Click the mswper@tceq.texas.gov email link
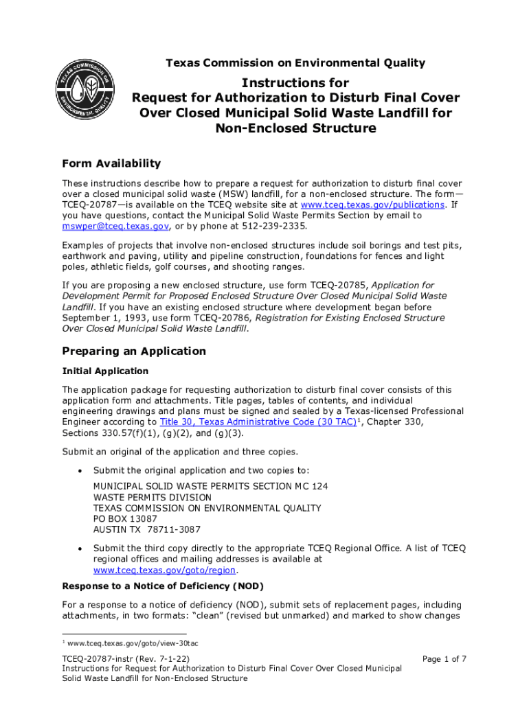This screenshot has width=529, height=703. (x=115, y=226)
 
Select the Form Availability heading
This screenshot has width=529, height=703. (x=111, y=163)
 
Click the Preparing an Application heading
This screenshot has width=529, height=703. (x=134, y=351)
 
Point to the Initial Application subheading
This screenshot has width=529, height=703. (x=105, y=371)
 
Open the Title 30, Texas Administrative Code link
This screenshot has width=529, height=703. (x=258, y=422)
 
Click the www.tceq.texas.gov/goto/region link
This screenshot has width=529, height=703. (x=165, y=570)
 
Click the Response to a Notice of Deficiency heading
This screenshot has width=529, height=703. (x=163, y=586)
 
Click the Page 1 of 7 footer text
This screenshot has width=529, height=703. (x=444, y=659)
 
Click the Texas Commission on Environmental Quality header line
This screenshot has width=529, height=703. (x=295, y=63)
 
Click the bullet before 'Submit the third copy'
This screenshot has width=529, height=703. (x=80, y=549)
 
